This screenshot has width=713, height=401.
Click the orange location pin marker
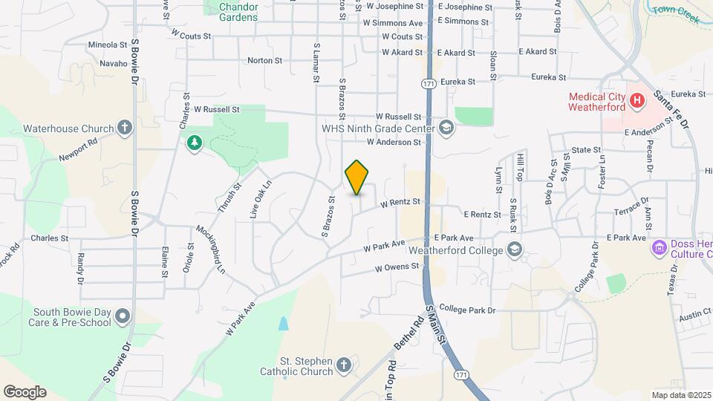click(x=357, y=177)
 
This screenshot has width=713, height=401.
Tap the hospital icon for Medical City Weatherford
click(x=636, y=100)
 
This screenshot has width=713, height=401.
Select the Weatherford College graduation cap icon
click(x=512, y=249)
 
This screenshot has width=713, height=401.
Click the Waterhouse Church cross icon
click(x=124, y=128)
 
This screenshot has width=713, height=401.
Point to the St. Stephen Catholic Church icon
click(x=343, y=365)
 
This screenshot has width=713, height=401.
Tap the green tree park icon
click(x=195, y=141)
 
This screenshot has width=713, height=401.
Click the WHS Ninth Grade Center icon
click(x=446, y=127)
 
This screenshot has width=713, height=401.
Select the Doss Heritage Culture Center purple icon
click(x=659, y=247)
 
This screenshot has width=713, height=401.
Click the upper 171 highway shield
click(x=428, y=85)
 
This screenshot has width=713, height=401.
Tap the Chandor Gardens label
click(x=239, y=11)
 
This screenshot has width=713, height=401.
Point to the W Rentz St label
click(x=400, y=201)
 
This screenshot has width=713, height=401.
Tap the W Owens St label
click(x=397, y=267)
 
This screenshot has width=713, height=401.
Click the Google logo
click(x=25, y=392)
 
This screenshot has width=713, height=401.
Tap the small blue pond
click(x=283, y=323)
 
